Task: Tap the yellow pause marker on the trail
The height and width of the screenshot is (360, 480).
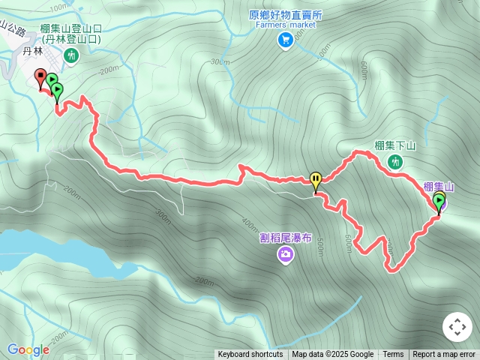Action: click(x=316, y=180)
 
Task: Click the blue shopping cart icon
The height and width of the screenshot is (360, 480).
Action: click(x=285, y=40)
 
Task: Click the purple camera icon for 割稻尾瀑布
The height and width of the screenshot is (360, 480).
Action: click(x=286, y=256)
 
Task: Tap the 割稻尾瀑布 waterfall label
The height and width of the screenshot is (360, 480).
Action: click(x=286, y=238)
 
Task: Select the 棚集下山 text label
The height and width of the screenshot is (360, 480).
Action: click(x=395, y=145)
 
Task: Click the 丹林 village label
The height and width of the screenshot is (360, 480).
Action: click(x=34, y=51)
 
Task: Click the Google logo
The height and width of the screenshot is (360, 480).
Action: click(x=28, y=349)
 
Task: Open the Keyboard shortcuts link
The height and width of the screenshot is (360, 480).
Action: click(x=250, y=355)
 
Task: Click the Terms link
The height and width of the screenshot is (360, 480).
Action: click(x=393, y=355)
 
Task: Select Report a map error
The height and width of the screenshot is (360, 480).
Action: click(x=444, y=355)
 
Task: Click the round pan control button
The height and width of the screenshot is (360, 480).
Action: click(x=457, y=327)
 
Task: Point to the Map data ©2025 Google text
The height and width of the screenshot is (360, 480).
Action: click(x=332, y=355)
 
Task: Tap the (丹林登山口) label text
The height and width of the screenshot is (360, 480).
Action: click(x=71, y=39)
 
